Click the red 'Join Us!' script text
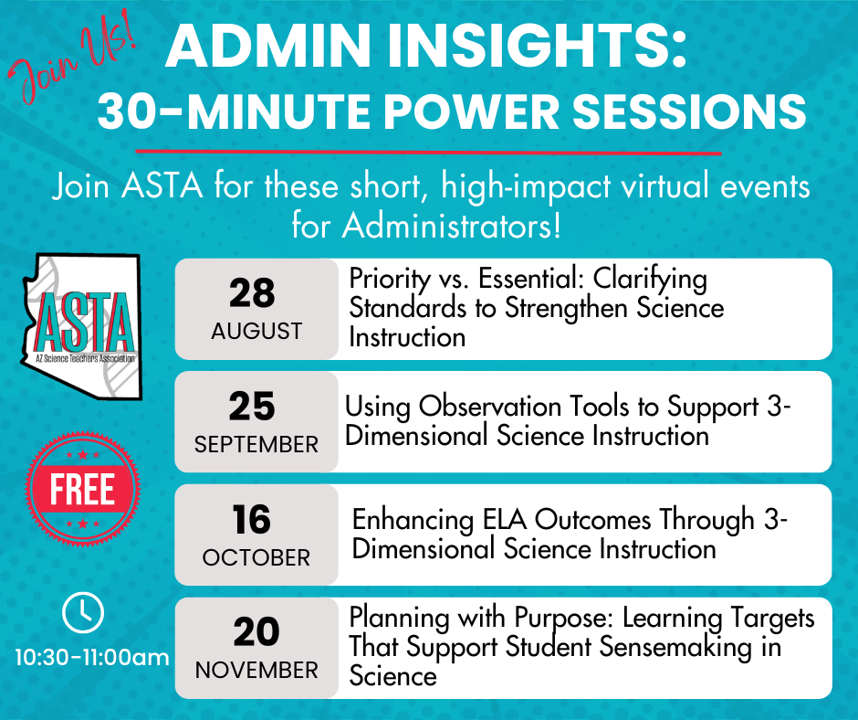click(71, 58)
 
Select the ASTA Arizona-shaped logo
click(82, 326)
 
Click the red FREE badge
click(83, 489)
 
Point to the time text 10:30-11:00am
click(92, 657)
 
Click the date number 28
click(252, 293)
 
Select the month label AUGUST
click(256, 331)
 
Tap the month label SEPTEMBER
click(256, 444)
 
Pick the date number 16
click(251, 520)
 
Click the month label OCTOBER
click(256, 557)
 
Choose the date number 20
click(256, 632)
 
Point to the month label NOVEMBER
click(256, 670)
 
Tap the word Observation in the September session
click(490, 407)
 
